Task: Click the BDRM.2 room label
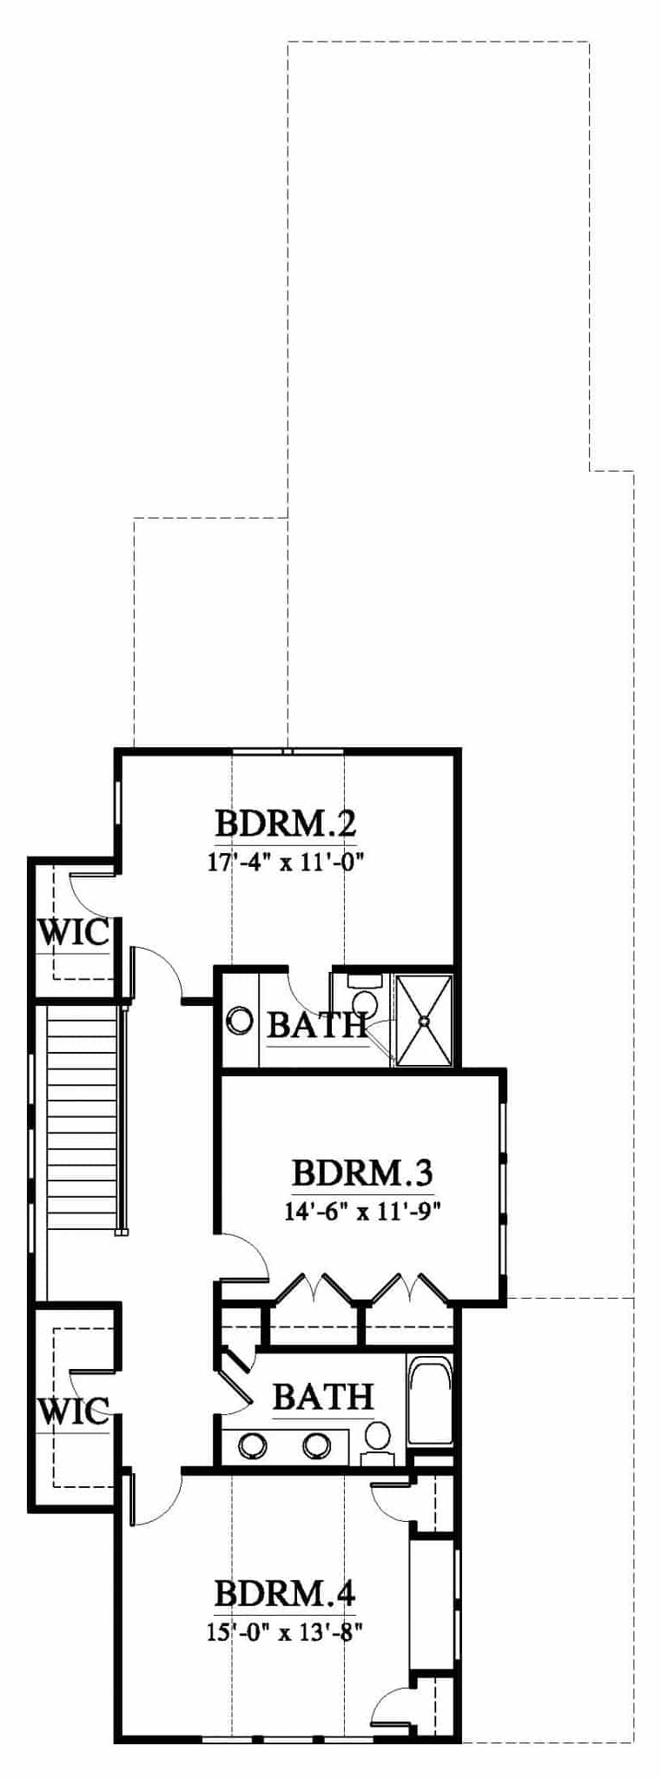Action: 286,822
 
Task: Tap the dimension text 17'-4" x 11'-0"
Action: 286,862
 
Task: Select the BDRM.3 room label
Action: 362,1172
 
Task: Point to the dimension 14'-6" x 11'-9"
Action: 362,1212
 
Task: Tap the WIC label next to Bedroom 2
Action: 75,933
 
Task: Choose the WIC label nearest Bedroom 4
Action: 75,1411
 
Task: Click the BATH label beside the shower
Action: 317,1025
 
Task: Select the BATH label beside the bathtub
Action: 323,1397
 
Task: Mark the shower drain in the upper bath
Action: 424,1021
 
